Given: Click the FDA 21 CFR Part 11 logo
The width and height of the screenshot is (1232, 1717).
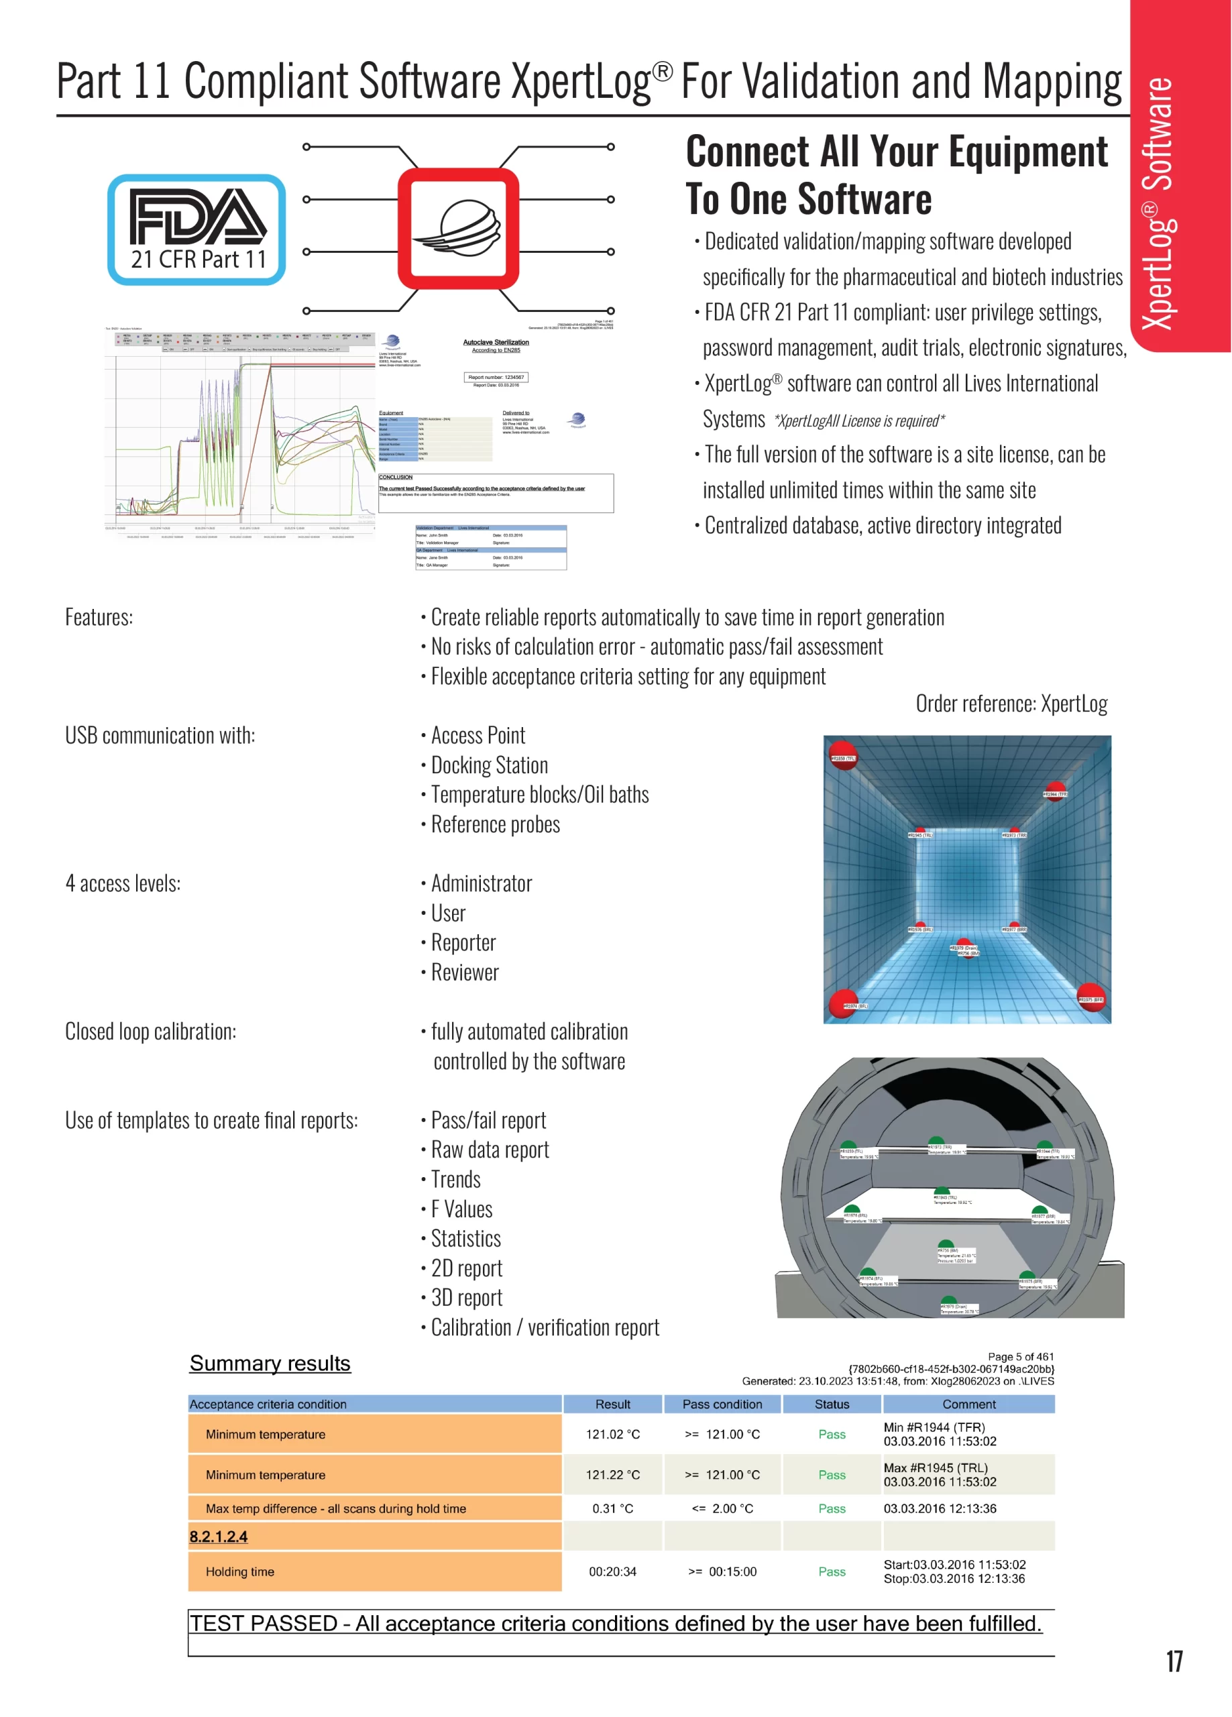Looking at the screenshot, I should [x=197, y=230].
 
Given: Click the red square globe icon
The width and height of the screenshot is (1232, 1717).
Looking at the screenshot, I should [x=458, y=229].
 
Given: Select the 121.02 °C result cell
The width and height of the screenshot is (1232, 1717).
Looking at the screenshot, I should [x=612, y=1434].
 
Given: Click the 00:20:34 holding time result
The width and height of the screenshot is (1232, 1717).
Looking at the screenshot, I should [x=612, y=1571].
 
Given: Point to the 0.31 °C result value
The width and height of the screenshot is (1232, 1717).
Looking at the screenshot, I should [x=612, y=1508].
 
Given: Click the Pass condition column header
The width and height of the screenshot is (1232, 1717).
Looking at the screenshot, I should [x=722, y=1404].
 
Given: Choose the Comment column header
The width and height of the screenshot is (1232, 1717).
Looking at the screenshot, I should [x=968, y=1404].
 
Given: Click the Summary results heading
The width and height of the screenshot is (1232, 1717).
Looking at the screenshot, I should [x=270, y=1364].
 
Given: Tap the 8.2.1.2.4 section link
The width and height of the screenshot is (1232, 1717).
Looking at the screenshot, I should [x=218, y=1536].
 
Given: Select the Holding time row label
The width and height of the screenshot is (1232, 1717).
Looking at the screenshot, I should [x=240, y=1571].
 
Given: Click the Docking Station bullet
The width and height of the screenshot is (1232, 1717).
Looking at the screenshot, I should [x=489, y=765].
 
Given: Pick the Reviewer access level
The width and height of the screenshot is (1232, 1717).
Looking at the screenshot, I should [x=465, y=972].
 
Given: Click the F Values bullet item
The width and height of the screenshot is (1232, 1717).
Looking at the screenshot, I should [x=461, y=1209].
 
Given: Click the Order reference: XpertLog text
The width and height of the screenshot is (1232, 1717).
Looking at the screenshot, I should [x=1011, y=704].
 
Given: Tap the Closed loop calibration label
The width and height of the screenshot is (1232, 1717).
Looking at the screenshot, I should [x=151, y=1031].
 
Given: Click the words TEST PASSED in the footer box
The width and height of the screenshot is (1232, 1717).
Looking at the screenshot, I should [x=264, y=1623].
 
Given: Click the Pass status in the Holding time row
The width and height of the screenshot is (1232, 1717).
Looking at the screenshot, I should [x=832, y=1571].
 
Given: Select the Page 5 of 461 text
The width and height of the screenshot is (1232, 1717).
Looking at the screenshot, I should [x=1020, y=1357].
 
